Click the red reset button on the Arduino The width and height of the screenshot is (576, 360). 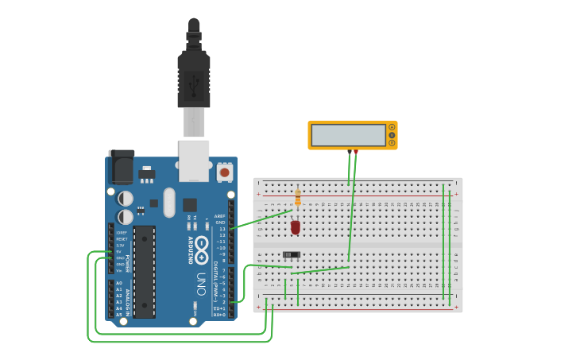[x=224, y=172]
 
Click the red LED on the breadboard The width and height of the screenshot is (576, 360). [x=296, y=227]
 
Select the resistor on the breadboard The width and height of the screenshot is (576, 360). [x=298, y=198]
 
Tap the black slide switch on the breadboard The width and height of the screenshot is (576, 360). [x=292, y=254]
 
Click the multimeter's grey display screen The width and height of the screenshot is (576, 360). [x=348, y=135]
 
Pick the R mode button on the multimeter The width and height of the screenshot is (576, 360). [x=392, y=143]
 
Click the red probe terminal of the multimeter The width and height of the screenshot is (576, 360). [x=356, y=151]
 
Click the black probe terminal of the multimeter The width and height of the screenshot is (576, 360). [x=350, y=151]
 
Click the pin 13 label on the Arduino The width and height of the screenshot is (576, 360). [x=222, y=229]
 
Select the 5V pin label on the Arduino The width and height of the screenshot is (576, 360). [x=119, y=252]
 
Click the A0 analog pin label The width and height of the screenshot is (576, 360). [x=119, y=283]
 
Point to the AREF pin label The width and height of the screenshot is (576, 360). [x=220, y=216]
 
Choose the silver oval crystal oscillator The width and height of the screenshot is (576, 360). [x=169, y=202]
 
